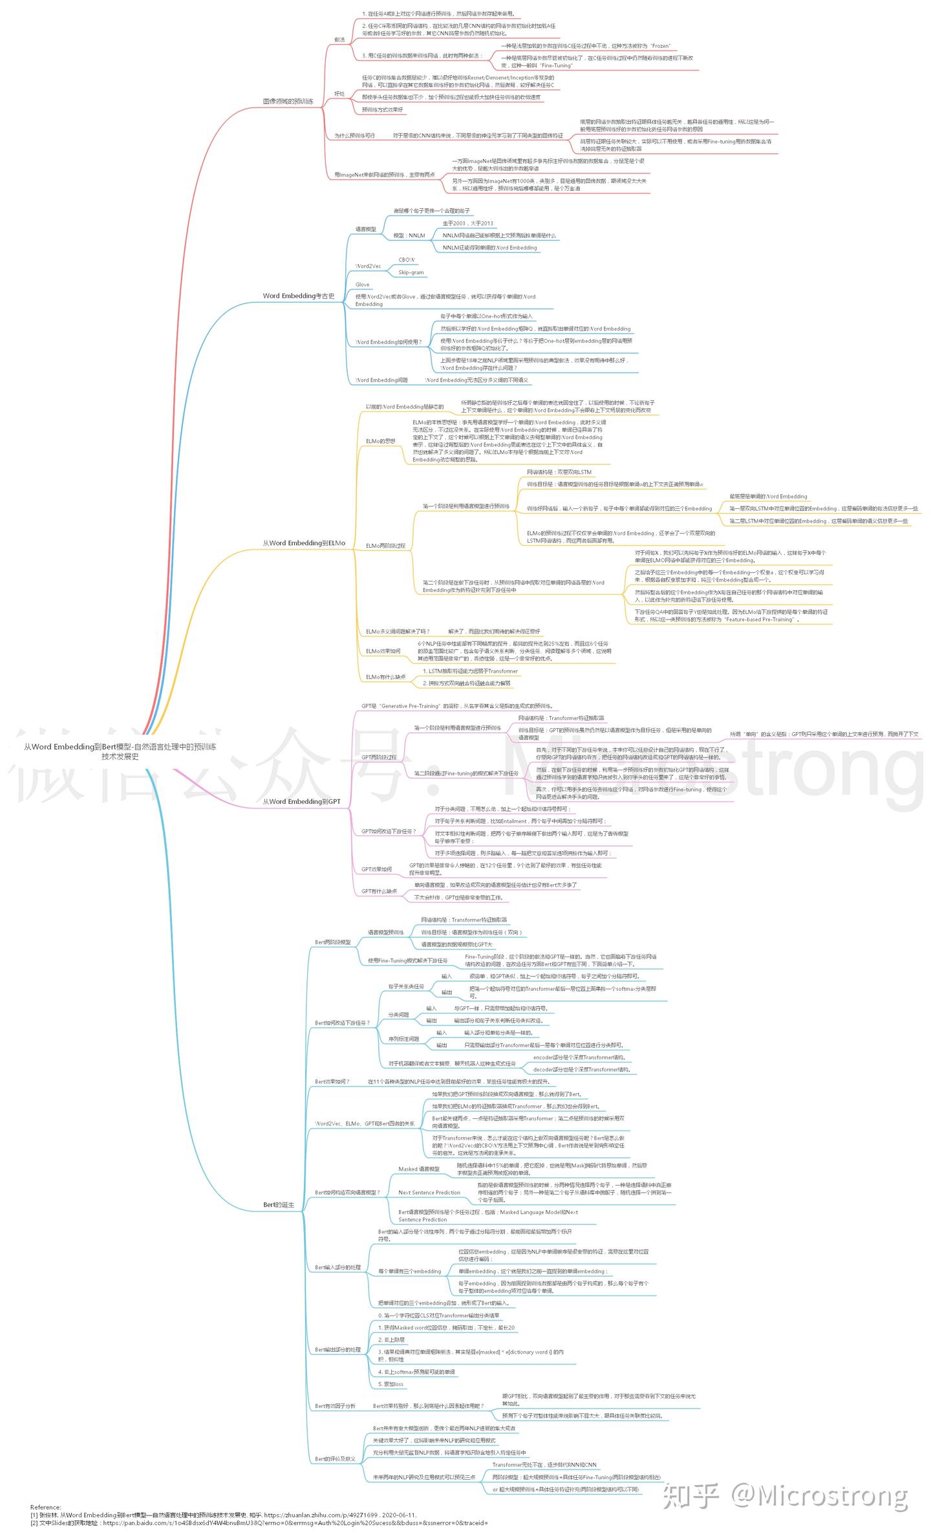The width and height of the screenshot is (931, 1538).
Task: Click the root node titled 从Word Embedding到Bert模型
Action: click(120, 751)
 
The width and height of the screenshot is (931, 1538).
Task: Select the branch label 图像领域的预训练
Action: click(288, 102)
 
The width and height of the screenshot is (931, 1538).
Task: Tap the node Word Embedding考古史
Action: click(298, 296)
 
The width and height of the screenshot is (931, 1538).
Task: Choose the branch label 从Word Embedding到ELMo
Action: click(303, 543)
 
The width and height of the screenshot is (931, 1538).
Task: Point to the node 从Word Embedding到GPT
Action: click(301, 801)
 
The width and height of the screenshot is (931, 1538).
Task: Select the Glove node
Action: click(362, 285)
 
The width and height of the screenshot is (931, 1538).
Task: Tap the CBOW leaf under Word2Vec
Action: click(406, 260)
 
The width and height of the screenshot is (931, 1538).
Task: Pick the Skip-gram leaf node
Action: click(411, 272)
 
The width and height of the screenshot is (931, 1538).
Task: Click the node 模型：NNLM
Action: click(409, 235)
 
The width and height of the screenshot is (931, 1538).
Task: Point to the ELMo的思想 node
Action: click(380, 441)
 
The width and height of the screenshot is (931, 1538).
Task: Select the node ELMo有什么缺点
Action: click(385, 677)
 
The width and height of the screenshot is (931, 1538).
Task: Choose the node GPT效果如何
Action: click(376, 869)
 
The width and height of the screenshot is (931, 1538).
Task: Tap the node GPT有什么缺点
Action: click(379, 891)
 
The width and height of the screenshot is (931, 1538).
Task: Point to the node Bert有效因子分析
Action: click(335, 1406)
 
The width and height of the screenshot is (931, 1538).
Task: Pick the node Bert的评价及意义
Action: click(335, 1459)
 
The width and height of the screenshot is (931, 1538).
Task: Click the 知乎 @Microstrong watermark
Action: click(785, 1497)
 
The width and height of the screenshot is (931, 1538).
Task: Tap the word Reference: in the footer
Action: click(45, 1508)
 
